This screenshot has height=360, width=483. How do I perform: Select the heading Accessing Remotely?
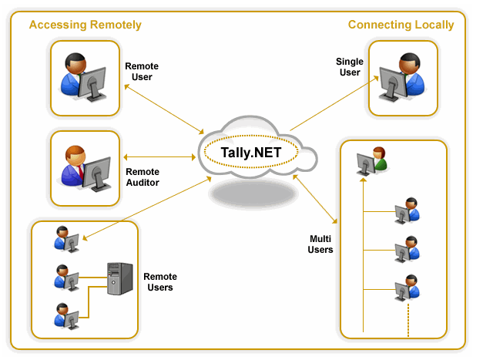click(85, 25)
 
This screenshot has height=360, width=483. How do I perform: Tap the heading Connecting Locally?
click(401, 25)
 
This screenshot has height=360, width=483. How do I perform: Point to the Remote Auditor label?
click(142, 177)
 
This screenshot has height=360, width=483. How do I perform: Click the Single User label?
click(350, 66)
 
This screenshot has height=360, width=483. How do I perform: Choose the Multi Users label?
click(321, 244)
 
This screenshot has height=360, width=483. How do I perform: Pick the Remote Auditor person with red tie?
click(76, 164)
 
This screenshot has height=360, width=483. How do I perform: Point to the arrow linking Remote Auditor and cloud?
click(162, 157)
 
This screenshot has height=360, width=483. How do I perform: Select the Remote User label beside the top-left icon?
click(142, 72)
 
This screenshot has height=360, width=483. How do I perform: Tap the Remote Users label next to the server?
click(160, 282)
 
